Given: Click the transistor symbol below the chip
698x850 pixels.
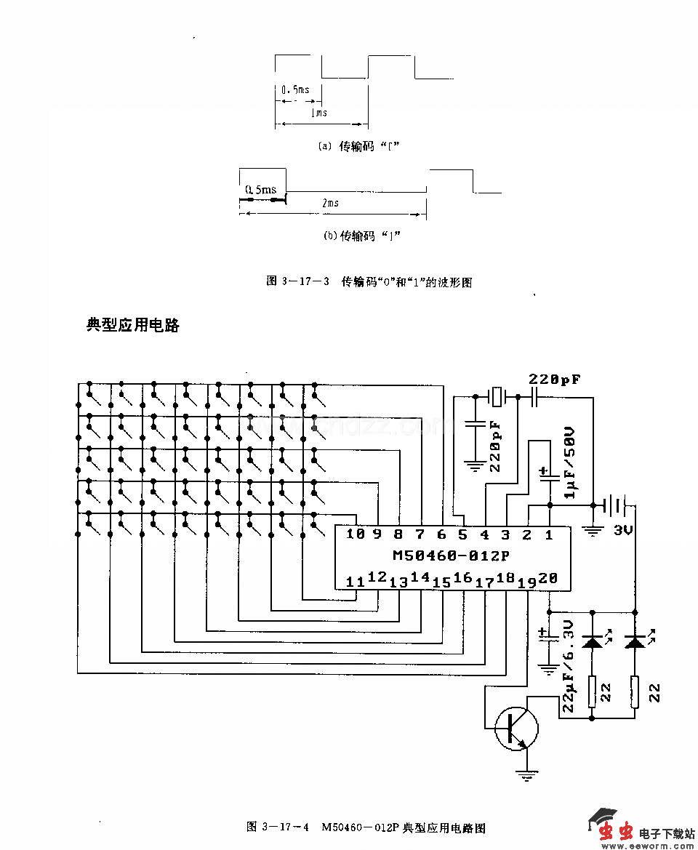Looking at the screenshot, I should tap(516, 727).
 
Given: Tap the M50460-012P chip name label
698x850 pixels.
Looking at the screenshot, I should tap(451, 556).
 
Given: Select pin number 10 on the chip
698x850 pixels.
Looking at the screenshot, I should tap(355, 534).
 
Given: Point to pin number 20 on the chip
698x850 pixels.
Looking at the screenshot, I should tap(548, 578).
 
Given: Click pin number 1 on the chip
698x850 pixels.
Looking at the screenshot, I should tap(549, 535).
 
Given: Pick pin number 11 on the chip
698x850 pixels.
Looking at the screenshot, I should tap(355, 582).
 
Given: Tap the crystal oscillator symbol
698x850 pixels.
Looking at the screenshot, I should tap(497, 397).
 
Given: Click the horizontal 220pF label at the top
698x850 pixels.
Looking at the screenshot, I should tap(554, 380).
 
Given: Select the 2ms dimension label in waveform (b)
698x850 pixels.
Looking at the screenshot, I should tap(330, 203).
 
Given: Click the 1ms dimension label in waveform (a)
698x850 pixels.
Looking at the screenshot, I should tap(318, 113).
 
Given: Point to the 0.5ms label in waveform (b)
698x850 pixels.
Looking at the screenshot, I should tap(260, 190).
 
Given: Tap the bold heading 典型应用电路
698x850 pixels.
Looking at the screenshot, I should tap(133, 325).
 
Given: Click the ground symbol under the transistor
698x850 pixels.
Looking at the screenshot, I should tap(526, 775).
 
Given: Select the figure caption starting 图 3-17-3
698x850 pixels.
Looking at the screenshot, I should tap(369, 282).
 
